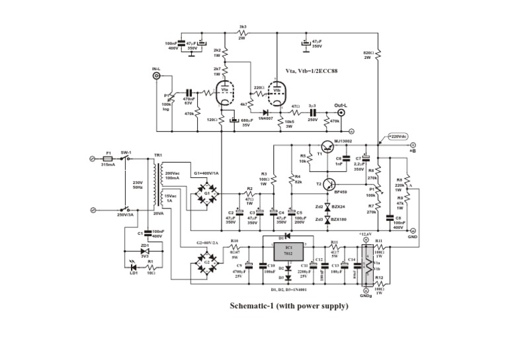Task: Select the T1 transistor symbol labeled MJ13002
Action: click(x=329, y=148)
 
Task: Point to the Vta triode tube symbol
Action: click(x=225, y=95)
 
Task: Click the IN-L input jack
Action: click(x=157, y=76)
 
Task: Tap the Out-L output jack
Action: click(x=342, y=112)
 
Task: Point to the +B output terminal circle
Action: click(x=413, y=144)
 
